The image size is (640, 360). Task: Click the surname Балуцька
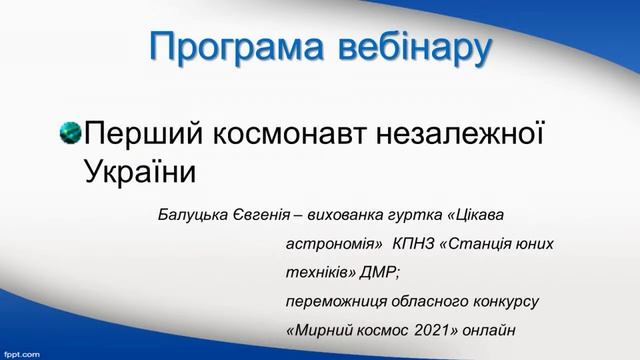196,215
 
